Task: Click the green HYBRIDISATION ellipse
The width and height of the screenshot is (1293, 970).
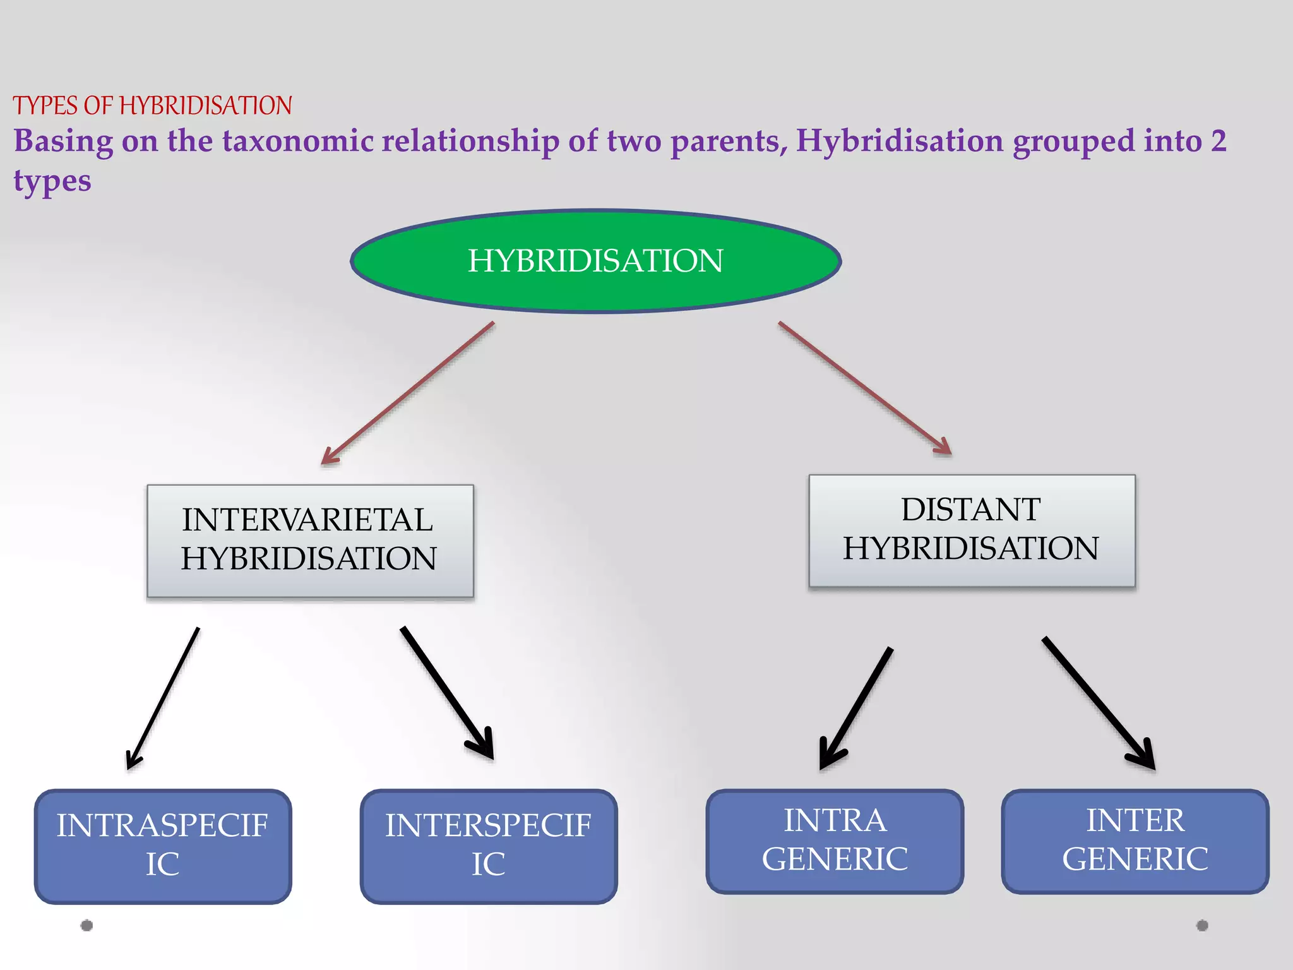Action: [x=595, y=261]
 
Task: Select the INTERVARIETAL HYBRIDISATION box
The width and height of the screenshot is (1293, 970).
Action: [x=310, y=541]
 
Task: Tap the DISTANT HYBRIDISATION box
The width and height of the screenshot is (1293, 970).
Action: [x=972, y=530]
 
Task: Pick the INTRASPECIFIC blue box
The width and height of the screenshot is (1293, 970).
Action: [x=163, y=846]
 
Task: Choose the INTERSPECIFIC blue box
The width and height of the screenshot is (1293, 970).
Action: [x=489, y=846]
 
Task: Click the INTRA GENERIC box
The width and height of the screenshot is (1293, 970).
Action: [x=835, y=841]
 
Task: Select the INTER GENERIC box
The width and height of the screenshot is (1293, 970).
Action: [x=1135, y=841]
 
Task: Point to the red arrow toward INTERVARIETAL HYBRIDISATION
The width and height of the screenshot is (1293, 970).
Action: [x=408, y=393]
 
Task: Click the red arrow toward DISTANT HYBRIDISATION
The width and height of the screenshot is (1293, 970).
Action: [x=865, y=388]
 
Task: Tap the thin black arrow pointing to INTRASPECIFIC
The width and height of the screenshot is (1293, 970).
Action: [x=163, y=698]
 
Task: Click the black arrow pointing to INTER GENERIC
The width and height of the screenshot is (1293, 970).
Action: [x=1099, y=703]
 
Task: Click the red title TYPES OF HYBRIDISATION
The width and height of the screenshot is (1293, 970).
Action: [x=152, y=105]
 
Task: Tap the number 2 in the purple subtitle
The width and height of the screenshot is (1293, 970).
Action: [x=1218, y=141]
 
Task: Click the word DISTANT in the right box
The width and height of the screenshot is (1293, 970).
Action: [x=971, y=510]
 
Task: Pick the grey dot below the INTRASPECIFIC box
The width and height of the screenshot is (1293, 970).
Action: [x=87, y=925]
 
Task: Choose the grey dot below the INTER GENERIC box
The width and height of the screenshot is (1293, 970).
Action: [x=1202, y=925]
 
